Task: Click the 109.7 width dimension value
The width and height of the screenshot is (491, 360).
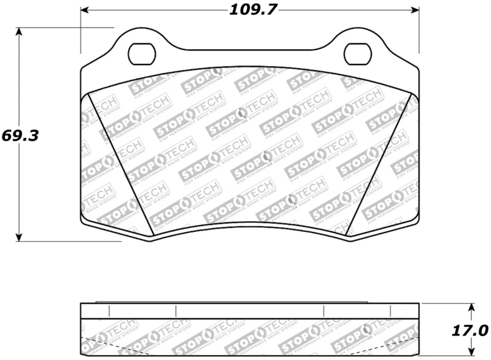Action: click(250, 10)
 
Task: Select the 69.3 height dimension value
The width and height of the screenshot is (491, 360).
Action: click(20, 135)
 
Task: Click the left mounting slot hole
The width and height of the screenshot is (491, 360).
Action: click(144, 53)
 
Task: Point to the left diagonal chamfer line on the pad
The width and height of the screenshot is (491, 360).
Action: click(121, 163)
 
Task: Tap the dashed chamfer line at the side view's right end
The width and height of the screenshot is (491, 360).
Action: click(402, 343)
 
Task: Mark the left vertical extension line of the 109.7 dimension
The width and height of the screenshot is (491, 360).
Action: click(81, 31)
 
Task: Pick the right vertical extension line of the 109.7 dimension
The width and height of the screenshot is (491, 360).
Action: click(419, 31)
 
